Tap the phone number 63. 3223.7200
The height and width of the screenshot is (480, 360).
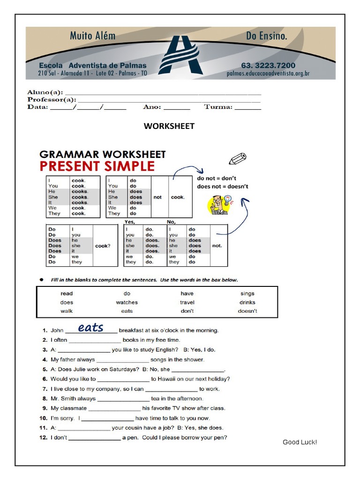coord(268,66)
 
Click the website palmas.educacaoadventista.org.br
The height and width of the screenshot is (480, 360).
coord(268,74)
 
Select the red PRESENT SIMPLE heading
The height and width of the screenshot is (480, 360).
coord(97,166)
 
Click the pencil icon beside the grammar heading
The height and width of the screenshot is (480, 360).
coord(238,158)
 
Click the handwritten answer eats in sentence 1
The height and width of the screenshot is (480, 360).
coord(90,328)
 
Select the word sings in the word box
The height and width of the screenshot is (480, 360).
coord(247,293)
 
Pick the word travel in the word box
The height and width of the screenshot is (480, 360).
coord(187,302)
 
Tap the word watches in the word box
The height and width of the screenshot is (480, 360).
coord(127,302)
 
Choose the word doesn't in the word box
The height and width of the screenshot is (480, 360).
coord(247,311)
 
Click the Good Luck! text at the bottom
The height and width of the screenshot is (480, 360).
coord(300,442)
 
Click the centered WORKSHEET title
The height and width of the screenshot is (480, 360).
coord(169,126)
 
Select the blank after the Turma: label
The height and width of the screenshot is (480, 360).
coord(247,108)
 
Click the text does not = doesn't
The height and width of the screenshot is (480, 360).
coord(223,186)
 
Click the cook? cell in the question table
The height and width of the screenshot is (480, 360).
coord(103,246)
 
